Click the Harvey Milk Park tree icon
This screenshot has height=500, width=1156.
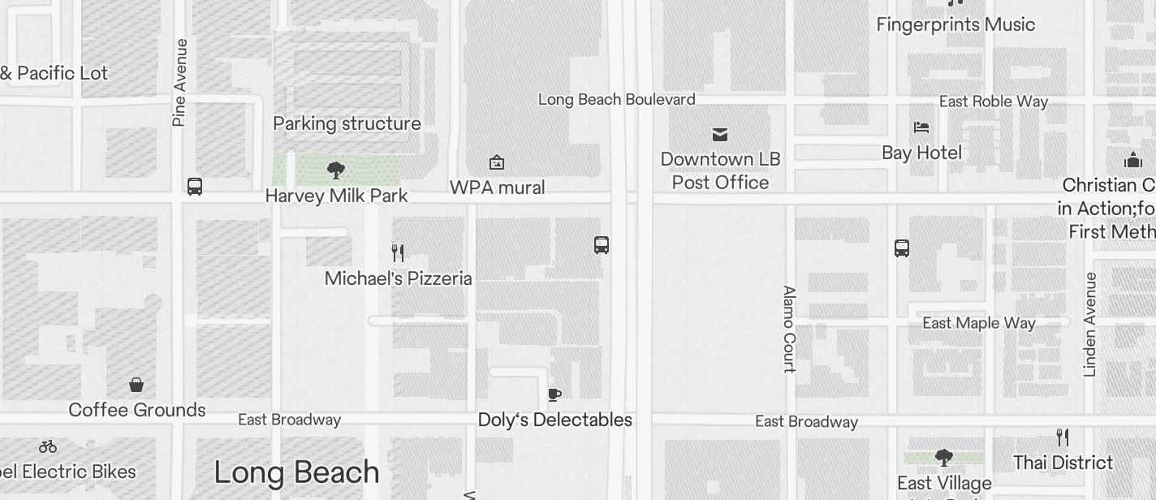pyautogui.click(x=336, y=170)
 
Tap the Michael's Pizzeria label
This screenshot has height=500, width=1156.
pyautogui.click(x=398, y=278)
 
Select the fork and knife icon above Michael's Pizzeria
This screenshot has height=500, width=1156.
pyautogui.click(x=398, y=252)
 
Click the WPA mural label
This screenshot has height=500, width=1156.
pyautogui.click(x=497, y=187)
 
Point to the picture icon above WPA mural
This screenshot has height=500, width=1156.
pyautogui.click(x=497, y=163)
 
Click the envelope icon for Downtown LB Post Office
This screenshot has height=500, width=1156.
pyautogui.click(x=720, y=134)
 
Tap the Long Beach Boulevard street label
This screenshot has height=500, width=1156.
pyautogui.click(x=616, y=100)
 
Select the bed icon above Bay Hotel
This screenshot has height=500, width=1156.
pyautogui.click(x=921, y=127)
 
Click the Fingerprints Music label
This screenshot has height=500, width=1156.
pyautogui.click(x=955, y=24)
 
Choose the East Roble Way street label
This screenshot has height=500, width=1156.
pyautogui.click(x=993, y=101)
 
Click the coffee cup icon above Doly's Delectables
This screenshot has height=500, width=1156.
pyautogui.click(x=554, y=395)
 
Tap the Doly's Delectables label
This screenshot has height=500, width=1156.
pyautogui.click(x=554, y=420)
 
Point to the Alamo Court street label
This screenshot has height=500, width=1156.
pyautogui.click(x=789, y=329)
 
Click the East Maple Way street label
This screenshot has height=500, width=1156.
pyautogui.click(x=978, y=323)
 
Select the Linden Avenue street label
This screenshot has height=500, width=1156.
pyautogui.click(x=1090, y=325)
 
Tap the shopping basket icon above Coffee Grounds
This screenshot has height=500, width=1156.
pyautogui.click(x=136, y=385)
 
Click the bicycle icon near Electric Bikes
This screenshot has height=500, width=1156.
pyautogui.click(x=48, y=446)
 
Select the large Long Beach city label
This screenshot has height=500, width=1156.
pyautogui.click(x=296, y=472)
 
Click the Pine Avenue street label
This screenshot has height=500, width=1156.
pyautogui.click(x=179, y=83)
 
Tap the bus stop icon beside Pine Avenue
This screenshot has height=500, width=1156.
pyautogui.click(x=195, y=187)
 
